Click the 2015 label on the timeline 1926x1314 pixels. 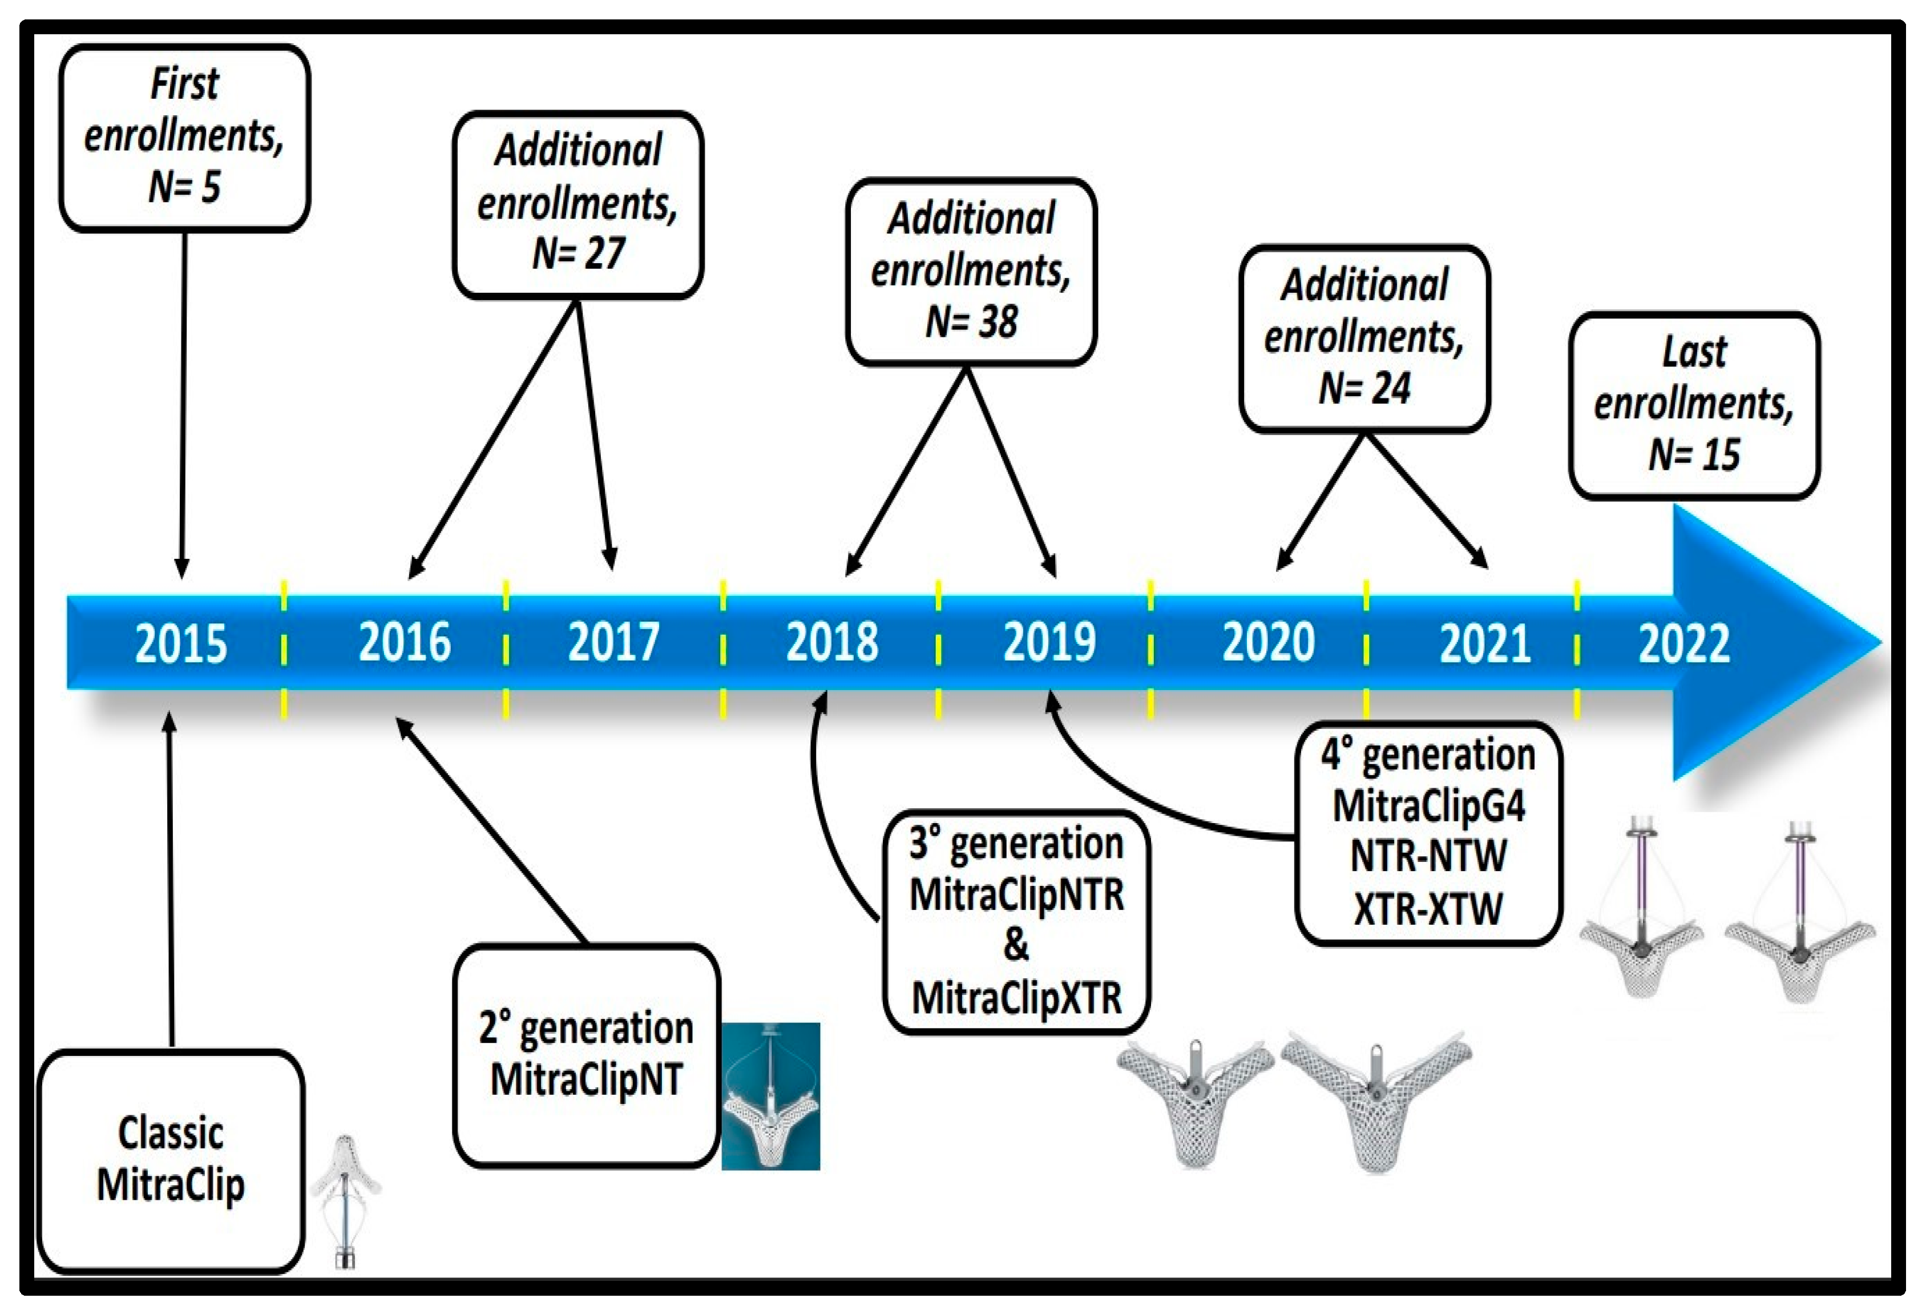pyautogui.click(x=181, y=643)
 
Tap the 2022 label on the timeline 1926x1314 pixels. pyautogui.click(x=1684, y=643)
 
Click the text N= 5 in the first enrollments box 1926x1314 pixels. pyautogui.click(x=184, y=187)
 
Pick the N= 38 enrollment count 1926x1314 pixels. pyautogui.click(x=971, y=322)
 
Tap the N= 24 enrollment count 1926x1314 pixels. pyautogui.click(x=1364, y=388)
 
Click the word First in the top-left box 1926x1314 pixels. pyautogui.click(x=184, y=84)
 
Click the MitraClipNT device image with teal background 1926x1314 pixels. pyautogui.click(x=771, y=1096)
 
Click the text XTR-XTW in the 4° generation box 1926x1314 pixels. pyautogui.click(x=1428, y=909)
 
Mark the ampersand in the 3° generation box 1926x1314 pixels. pyautogui.click(x=1016, y=945)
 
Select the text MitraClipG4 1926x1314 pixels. pyautogui.click(x=1428, y=806)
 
